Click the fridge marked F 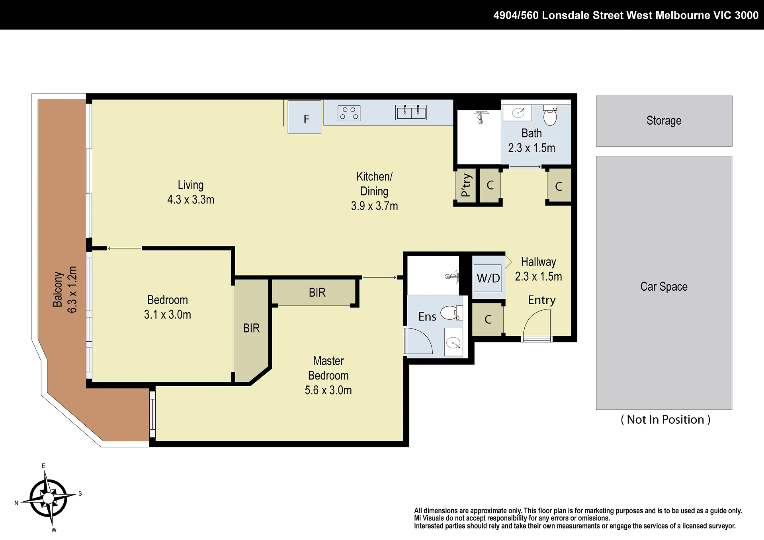pos(305,117)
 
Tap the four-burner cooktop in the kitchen pos(349,113)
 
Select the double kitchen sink pos(411,112)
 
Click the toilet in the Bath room pos(550,115)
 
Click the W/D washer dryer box pos(488,278)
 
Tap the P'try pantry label pos(466,185)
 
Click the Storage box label pos(664,121)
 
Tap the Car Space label pos(664,287)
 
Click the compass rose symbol pos(49,498)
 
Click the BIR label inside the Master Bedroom pos(317,293)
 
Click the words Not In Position pos(665,420)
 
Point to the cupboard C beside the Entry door pos(488,319)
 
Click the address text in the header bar pos(626,15)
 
